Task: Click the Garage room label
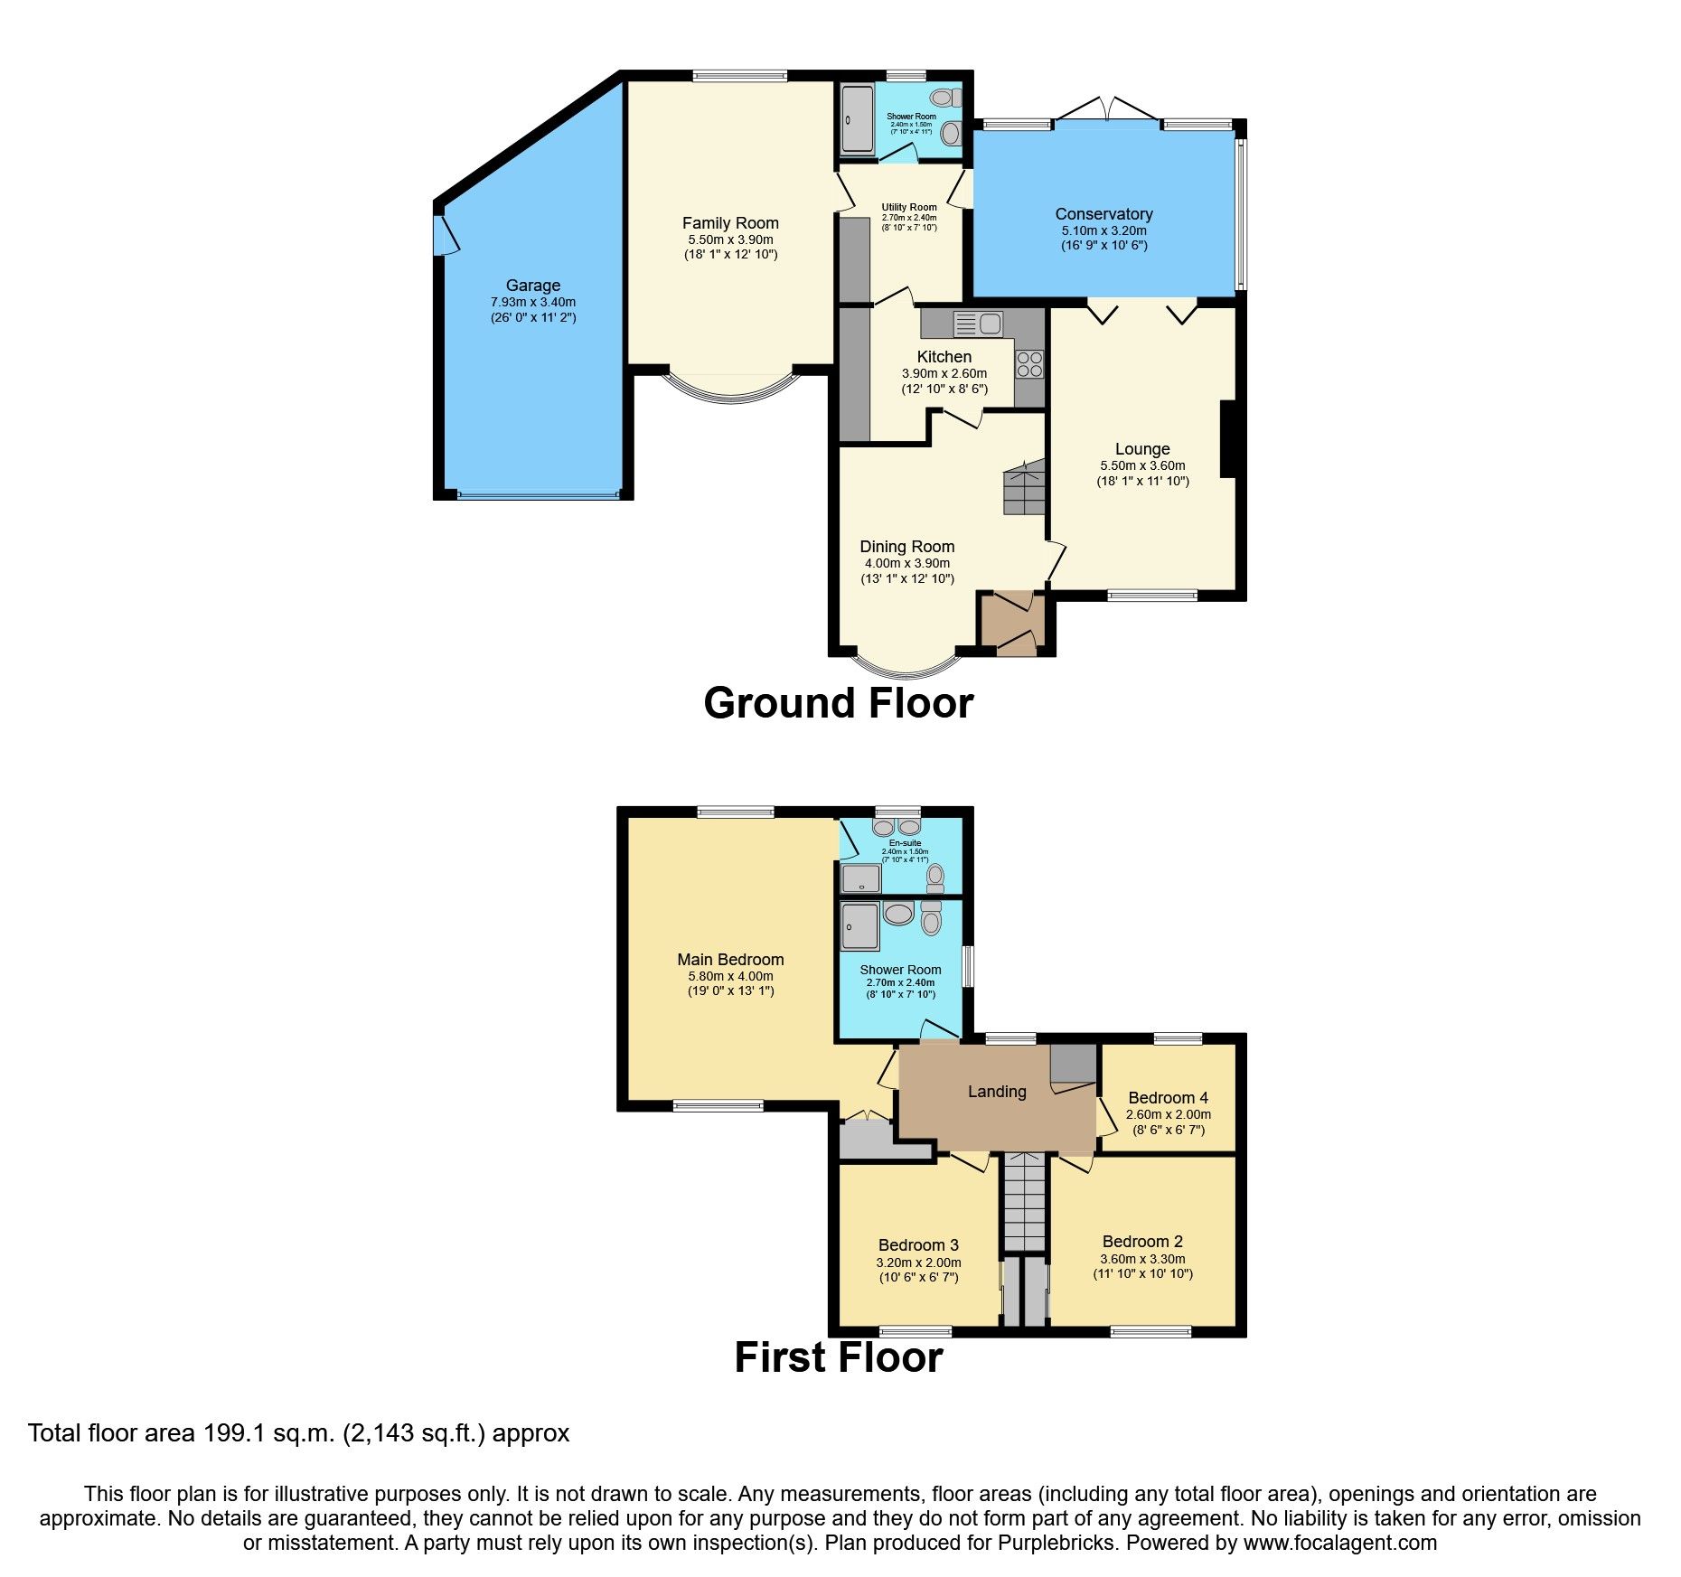tap(532, 286)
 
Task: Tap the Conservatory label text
tap(1103, 214)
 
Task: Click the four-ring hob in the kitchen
tap(1029, 364)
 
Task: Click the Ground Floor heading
tap(838, 703)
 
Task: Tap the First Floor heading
tap(838, 1357)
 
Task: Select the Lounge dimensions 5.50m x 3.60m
tap(1142, 465)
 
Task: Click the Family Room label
tap(730, 223)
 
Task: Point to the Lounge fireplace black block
tap(1227, 438)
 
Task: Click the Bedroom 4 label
tap(1168, 1098)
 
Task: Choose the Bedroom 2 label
tap(1142, 1242)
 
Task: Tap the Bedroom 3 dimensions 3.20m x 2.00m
tap(918, 1263)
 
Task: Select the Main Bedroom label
tap(730, 960)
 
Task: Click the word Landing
tap(997, 1092)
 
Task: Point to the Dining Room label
tap(906, 547)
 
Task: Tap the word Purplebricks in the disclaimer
tap(1056, 1543)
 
